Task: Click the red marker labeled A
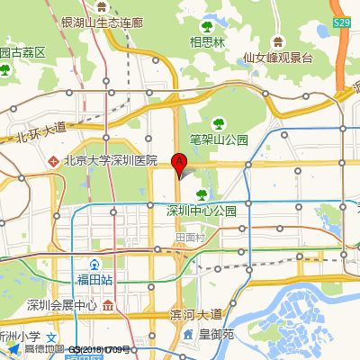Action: [x=179, y=163]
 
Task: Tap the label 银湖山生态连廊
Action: [x=101, y=22]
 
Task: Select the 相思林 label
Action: [x=207, y=40]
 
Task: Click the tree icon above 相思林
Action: [x=207, y=25]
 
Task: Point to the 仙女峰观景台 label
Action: [x=277, y=58]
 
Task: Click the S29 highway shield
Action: [x=341, y=22]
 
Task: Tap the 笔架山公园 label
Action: [x=219, y=139]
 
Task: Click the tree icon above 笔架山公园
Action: [x=216, y=122]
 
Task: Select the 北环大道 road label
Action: [x=41, y=131]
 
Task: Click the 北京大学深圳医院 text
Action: [x=111, y=161]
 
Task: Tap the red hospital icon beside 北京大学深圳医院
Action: [x=54, y=161]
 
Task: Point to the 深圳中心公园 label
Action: [x=201, y=211]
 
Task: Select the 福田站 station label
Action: [x=94, y=280]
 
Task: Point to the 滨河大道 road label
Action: [x=195, y=314]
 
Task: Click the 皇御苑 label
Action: [x=216, y=334]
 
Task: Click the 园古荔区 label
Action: [x=22, y=52]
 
